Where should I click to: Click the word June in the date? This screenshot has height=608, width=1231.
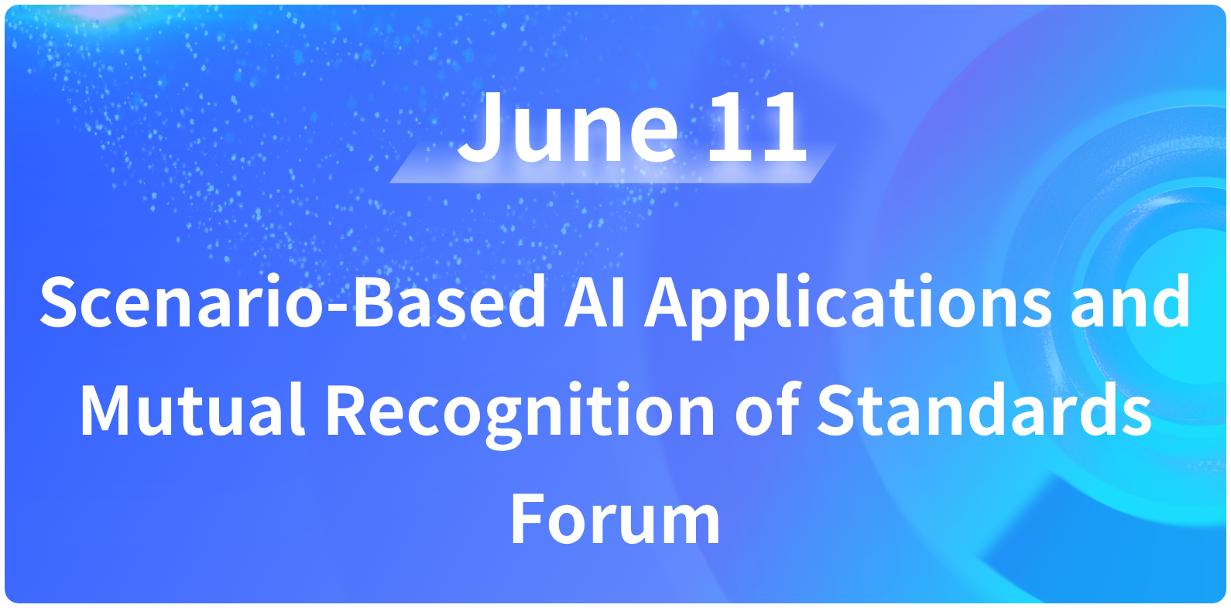point(568,128)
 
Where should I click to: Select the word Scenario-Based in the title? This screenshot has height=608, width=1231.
point(293,302)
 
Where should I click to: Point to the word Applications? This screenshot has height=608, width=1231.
point(848,306)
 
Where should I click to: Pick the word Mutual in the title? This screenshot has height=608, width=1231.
point(192,409)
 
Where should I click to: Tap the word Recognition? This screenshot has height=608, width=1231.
point(519,415)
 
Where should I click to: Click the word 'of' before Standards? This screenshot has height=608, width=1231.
point(766,408)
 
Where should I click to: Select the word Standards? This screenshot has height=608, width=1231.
point(984,409)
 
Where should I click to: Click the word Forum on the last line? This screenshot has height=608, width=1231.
point(615,518)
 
